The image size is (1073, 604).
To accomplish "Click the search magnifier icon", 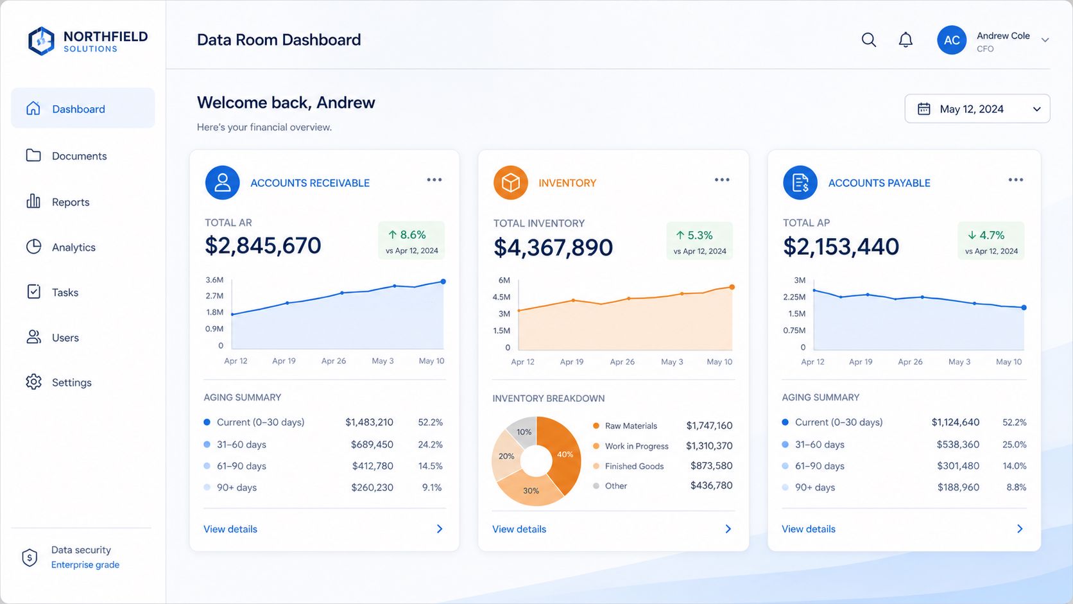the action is tap(869, 40).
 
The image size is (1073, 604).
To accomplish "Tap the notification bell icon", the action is tap(906, 40).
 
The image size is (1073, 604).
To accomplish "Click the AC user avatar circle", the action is tap(951, 40).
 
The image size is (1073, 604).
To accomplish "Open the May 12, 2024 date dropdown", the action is tap(977, 108).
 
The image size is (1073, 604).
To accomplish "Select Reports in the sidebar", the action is tap(71, 202).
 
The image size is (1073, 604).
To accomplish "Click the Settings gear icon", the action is tap(33, 382).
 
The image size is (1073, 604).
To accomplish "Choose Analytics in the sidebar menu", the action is tap(74, 247).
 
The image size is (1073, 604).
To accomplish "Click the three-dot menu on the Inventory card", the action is tap(722, 180).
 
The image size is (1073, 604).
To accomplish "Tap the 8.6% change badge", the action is tap(411, 241).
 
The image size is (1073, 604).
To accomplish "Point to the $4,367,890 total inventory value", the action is tap(553, 247).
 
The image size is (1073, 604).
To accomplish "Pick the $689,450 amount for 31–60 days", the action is tap(372, 445).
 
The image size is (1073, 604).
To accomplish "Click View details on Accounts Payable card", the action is tap(809, 529).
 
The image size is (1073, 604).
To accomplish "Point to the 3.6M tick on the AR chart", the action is tap(214, 280).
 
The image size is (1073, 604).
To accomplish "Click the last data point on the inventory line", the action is tap(732, 288).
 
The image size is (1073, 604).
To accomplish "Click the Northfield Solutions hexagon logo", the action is tap(41, 40).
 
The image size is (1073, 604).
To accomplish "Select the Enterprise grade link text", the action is tap(85, 565).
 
